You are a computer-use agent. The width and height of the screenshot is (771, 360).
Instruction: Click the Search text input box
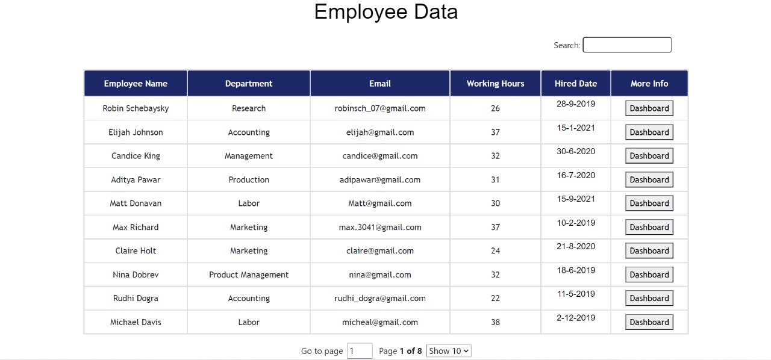click(x=627, y=45)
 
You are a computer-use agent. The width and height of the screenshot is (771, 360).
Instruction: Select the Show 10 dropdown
click(x=449, y=351)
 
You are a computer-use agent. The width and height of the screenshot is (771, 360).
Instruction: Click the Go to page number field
click(x=360, y=351)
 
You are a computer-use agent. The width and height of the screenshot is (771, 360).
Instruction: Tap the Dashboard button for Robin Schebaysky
click(x=649, y=108)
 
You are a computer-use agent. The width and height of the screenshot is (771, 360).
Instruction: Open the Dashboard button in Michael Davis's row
click(x=649, y=322)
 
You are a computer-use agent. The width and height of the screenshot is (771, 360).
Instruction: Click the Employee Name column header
click(x=136, y=84)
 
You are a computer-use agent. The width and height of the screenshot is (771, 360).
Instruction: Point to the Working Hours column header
click(x=495, y=84)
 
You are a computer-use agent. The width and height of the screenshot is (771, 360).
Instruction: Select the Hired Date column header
click(x=576, y=84)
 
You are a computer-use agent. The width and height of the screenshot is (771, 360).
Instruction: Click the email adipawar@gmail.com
click(x=380, y=179)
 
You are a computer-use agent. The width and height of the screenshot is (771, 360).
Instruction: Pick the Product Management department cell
click(x=249, y=275)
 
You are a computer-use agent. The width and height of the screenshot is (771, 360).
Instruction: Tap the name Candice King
click(x=136, y=156)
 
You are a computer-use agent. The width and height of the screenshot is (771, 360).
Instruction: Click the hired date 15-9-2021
click(x=576, y=199)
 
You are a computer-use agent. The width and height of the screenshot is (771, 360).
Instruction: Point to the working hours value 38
click(x=495, y=322)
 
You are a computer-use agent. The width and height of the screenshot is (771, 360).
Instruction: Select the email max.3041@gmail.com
click(x=380, y=227)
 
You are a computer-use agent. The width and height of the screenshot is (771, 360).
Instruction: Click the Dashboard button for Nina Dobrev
click(x=649, y=275)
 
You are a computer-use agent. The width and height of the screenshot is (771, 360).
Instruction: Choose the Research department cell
click(x=249, y=108)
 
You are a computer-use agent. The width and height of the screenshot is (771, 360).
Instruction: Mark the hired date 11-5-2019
click(x=576, y=294)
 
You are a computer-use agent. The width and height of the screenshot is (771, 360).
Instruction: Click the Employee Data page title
click(x=385, y=12)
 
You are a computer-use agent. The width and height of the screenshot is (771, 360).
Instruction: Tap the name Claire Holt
click(x=136, y=251)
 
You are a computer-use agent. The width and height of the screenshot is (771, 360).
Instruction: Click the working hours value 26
click(x=495, y=108)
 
